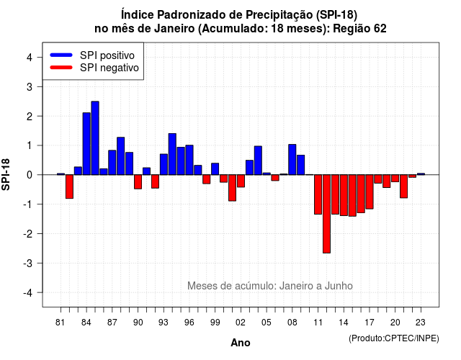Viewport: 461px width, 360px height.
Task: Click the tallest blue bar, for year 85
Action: point(95,138)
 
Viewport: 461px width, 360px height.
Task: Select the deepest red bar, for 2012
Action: point(326,214)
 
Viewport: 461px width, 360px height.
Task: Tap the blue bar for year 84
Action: point(86,144)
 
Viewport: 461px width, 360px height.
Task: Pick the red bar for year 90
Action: point(138,181)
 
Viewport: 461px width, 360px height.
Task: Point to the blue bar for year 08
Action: point(292,160)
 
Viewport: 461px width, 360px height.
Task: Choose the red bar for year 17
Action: point(370,192)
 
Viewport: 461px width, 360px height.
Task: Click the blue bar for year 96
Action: point(189,160)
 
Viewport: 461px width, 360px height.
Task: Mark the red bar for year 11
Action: point(318,194)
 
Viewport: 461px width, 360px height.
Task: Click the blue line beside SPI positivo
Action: point(61,55)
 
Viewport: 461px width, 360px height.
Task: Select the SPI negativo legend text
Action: point(109,68)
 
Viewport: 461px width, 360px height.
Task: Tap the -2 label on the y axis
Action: point(28,233)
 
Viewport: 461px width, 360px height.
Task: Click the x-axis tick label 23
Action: point(421,323)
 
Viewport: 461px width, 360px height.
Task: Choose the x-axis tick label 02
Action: point(240,323)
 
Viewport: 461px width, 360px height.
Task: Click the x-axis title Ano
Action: point(241,343)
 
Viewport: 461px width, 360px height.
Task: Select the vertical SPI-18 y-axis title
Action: point(6,174)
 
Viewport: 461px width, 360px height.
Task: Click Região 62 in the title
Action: point(359,29)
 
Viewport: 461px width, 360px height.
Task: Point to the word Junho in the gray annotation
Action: point(339,286)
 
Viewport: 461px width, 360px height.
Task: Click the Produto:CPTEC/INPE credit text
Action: point(394,338)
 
